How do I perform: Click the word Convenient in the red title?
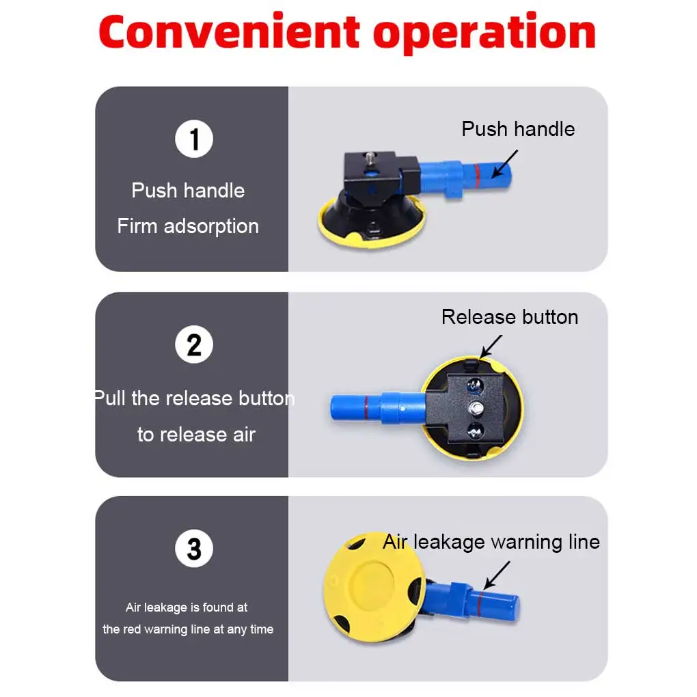pos(229,31)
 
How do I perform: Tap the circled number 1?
pos(194,139)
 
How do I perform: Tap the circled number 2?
pos(194,344)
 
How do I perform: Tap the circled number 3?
pos(194,548)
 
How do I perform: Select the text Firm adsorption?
pos(188,226)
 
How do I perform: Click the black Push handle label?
pos(518,129)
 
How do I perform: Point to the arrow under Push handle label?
pos(505,163)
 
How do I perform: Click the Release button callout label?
pos(510,317)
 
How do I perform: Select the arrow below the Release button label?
pos(491,346)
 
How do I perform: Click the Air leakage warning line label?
pos(491,542)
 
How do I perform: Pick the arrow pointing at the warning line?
pos(497,575)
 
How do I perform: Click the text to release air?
pos(196,435)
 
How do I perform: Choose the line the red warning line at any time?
pos(188,629)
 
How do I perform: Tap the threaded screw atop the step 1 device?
pos(370,158)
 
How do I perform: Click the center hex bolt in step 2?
pos(476,407)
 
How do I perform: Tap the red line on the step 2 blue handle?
pos(366,408)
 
